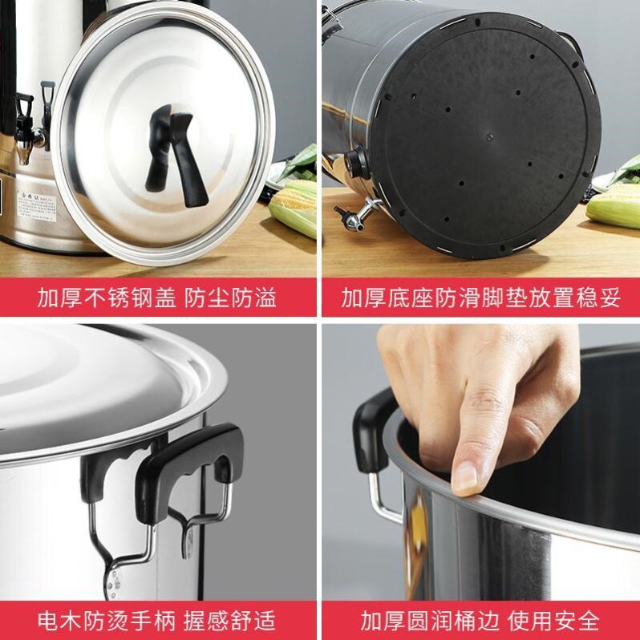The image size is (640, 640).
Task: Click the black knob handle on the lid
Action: [176, 157]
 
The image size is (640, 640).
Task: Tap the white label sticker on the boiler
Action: [37, 207]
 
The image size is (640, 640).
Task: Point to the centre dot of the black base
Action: [488, 136]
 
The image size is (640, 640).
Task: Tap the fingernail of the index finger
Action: [464, 476]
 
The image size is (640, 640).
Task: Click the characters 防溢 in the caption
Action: [254, 298]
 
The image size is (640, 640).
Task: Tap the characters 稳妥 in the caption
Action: [598, 298]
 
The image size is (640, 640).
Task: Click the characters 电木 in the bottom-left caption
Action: [60, 621]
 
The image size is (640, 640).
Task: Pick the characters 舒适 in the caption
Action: [253, 621]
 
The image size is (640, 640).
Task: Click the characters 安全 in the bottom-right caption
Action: [577, 621]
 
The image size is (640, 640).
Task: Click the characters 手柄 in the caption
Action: [153, 621]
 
